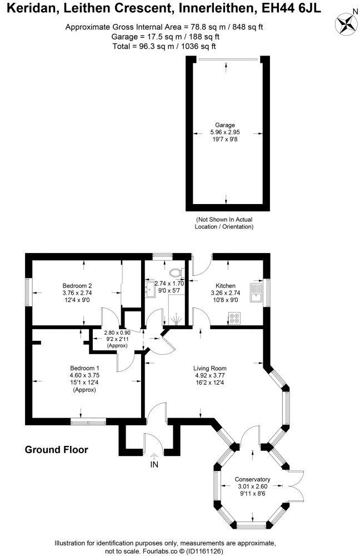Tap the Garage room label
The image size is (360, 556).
click(226, 125)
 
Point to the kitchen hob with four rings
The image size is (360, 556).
click(234, 319)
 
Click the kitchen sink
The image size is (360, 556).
click(256, 292)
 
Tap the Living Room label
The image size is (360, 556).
click(209, 368)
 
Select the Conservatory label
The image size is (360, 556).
click(252, 479)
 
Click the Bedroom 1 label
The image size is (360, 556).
click(84, 368)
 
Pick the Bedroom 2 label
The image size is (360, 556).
click(77, 286)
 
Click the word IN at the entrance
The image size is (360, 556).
click(154, 465)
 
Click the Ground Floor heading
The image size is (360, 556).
click(56, 450)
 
